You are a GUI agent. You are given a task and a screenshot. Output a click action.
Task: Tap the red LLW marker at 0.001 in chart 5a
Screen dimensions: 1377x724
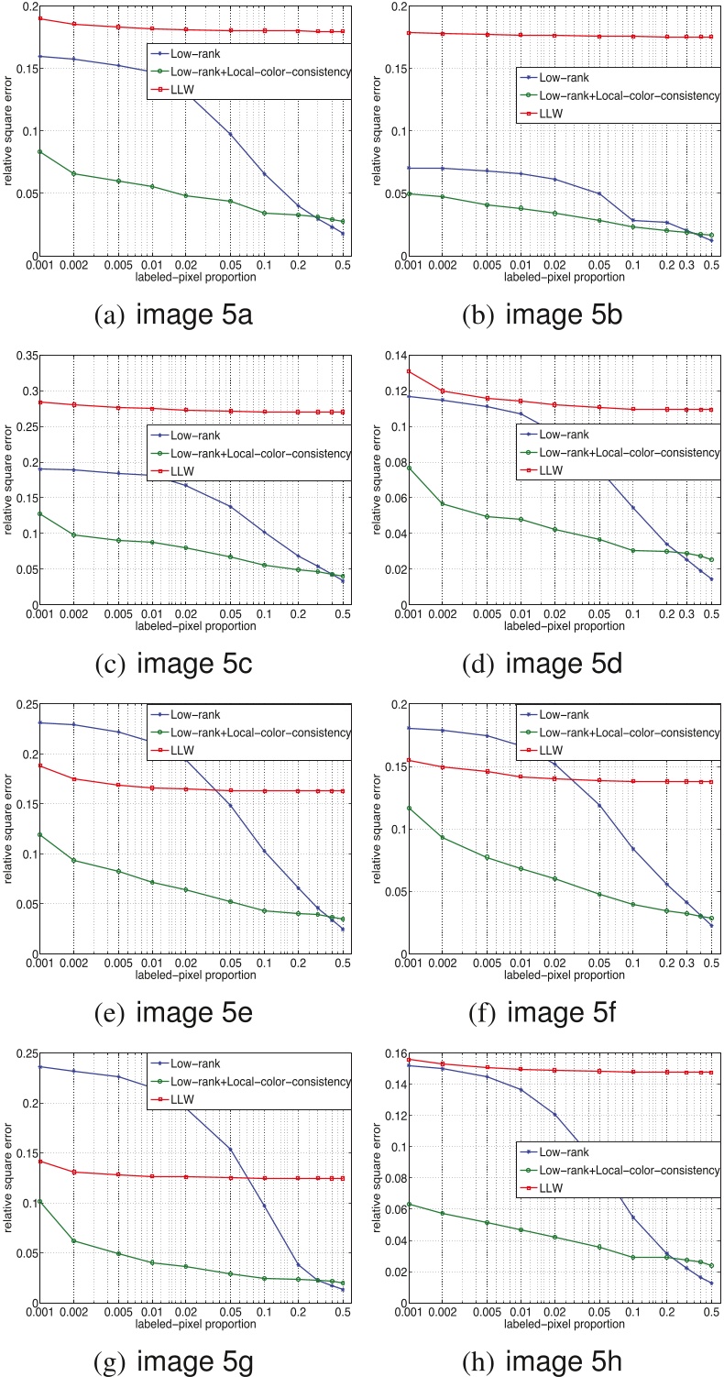tap(39, 18)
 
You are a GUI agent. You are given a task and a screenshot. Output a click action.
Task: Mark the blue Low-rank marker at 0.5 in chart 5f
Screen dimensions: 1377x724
tap(711, 925)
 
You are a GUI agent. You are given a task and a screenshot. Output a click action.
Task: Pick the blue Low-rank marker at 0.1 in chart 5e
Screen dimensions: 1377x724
tap(264, 851)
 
